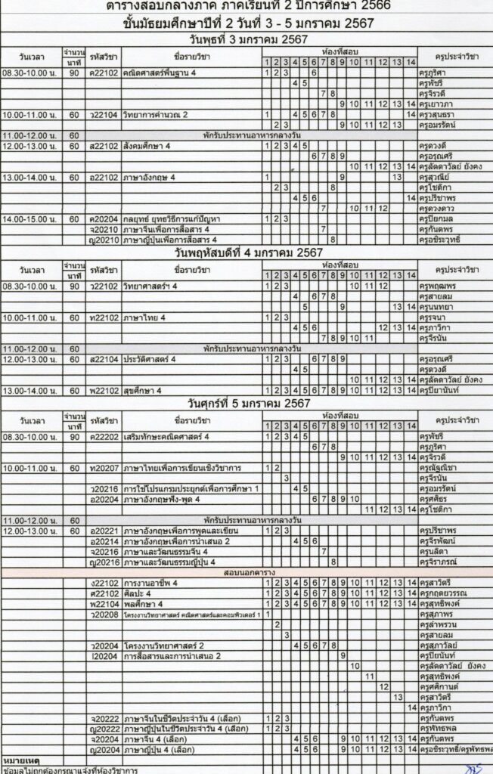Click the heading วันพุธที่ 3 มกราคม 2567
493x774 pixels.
[x=246, y=39]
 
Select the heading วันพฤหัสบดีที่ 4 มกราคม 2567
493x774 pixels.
[x=246, y=252]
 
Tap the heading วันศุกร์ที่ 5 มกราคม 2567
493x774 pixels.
[x=246, y=404]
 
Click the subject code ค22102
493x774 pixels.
[x=103, y=73]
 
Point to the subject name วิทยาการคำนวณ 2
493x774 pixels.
[x=155, y=114]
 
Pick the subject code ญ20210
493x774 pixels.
[x=103, y=240]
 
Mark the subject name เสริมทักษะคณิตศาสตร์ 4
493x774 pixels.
[x=166, y=437]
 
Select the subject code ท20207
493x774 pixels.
[x=103, y=468]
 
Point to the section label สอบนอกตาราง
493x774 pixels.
[x=246, y=573]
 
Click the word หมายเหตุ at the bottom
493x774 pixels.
[x=21, y=759]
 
